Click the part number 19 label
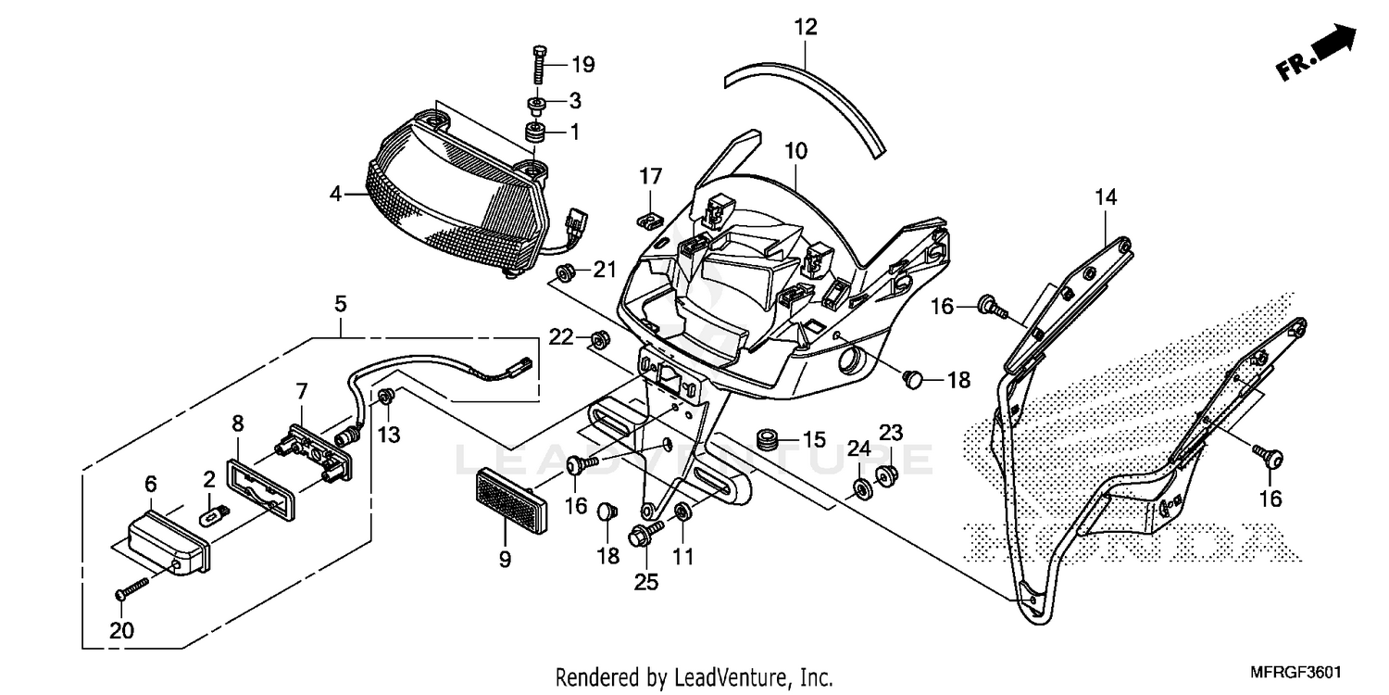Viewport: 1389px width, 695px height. pos(582,65)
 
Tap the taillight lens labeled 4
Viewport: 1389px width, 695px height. pos(444,195)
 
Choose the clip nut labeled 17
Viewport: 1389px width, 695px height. pos(651,220)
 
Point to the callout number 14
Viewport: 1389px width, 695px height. pos(1106,196)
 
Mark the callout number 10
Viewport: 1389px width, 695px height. pos(796,150)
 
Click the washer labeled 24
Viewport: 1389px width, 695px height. pos(860,489)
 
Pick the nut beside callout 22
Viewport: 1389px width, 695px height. pos(598,338)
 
